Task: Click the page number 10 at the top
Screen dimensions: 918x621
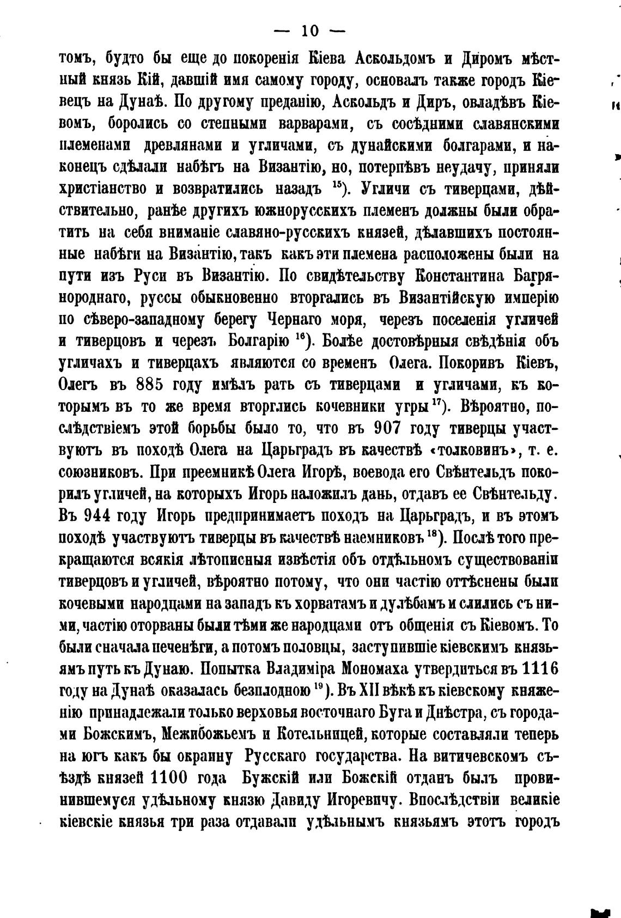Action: tap(310, 32)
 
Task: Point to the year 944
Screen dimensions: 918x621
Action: tap(102, 515)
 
